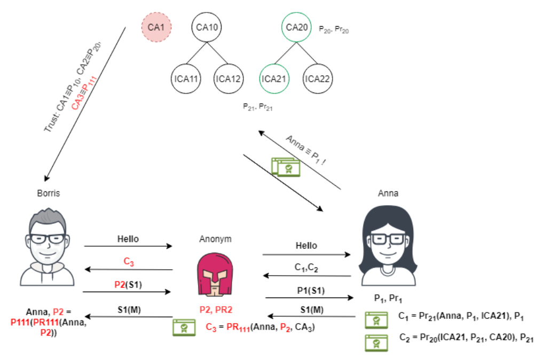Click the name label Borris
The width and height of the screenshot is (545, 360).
(49, 193)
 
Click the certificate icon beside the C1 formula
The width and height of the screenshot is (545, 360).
(376, 320)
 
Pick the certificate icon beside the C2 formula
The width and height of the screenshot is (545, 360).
(376, 342)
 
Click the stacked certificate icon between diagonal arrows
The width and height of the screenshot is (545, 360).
(286, 167)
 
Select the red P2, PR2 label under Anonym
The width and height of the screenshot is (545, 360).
(215, 309)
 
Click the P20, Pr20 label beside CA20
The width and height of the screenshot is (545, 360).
(334, 30)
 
